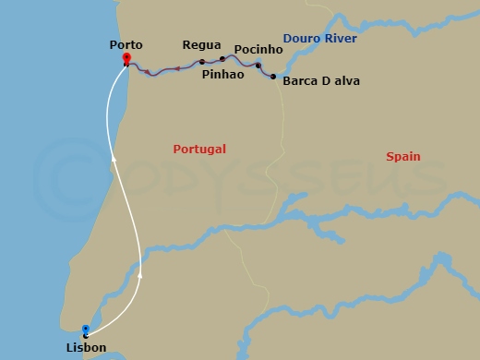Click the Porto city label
125,44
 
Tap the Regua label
201,44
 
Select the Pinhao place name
221,74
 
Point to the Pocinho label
252,49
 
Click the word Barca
301,81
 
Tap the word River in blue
341,38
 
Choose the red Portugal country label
199,149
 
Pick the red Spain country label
402,157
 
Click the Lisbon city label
86,348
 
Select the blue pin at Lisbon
86,329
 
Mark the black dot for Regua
202,62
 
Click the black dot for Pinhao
222,59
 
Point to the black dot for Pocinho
258,66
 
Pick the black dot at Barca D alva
273,77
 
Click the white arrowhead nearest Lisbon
139,276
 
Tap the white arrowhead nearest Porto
114,160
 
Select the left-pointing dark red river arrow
176,68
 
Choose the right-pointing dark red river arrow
147,70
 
